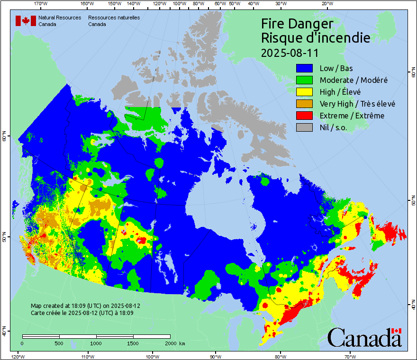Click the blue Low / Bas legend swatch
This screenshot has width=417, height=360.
(x=305, y=68)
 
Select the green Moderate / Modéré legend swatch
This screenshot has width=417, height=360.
(x=305, y=80)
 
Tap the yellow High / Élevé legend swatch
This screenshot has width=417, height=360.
(x=305, y=92)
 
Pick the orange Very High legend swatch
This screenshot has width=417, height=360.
(x=305, y=104)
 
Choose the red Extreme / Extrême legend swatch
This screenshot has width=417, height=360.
(x=305, y=116)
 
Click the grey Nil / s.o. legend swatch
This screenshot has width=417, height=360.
(x=305, y=127)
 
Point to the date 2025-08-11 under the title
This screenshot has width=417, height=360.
(x=290, y=52)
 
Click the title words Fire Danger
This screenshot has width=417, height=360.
(x=297, y=24)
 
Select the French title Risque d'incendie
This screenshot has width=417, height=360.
(x=315, y=38)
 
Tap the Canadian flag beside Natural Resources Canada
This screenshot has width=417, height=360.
(x=26, y=21)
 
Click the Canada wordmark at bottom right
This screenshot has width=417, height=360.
(x=364, y=338)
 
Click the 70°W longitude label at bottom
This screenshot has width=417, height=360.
(x=350, y=356)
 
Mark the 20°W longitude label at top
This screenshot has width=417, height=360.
(x=326, y=4)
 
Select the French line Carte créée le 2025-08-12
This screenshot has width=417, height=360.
(x=82, y=313)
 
